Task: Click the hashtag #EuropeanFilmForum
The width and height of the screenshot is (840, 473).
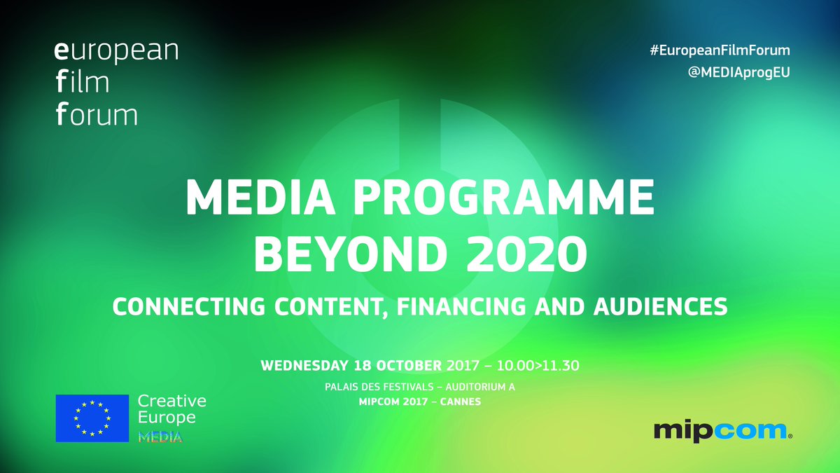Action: pyautogui.click(x=720, y=50)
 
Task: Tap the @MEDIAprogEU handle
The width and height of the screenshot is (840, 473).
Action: pyautogui.click(x=738, y=72)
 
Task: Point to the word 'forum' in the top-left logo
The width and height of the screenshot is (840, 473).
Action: pyautogui.click(x=97, y=114)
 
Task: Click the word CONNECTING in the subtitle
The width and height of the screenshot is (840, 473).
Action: pyautogui.click(x=189, y=306)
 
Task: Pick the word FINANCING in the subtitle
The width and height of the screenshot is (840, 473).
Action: pyautogui.click(x=461, y=306)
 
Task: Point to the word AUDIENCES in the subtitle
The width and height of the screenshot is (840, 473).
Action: pyautogui.click(x=660, y=306)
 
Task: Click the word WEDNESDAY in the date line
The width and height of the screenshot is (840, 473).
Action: pyautogui.click(x=304, y=365)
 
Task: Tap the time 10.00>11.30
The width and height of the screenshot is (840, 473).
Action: pyautogui.click(x=538, y=365)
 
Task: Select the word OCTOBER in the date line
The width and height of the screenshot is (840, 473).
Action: pyautogui.click(x=409, y=365)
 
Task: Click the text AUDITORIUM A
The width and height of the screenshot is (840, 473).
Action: pyautogui.click(x=480, y=387)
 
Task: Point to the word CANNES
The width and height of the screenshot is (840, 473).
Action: pyautogui.click(x=461, y=402)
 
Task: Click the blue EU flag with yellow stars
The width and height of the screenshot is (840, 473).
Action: pyautogui.click(x=92, y=418)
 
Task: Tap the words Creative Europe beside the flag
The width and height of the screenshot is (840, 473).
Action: pyautogui.click(x=171, y=409)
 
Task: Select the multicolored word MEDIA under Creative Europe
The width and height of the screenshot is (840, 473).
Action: pyautogui.click(x=160, y=437)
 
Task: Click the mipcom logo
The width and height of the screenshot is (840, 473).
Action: pyautogui.click(x=723, y=431)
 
